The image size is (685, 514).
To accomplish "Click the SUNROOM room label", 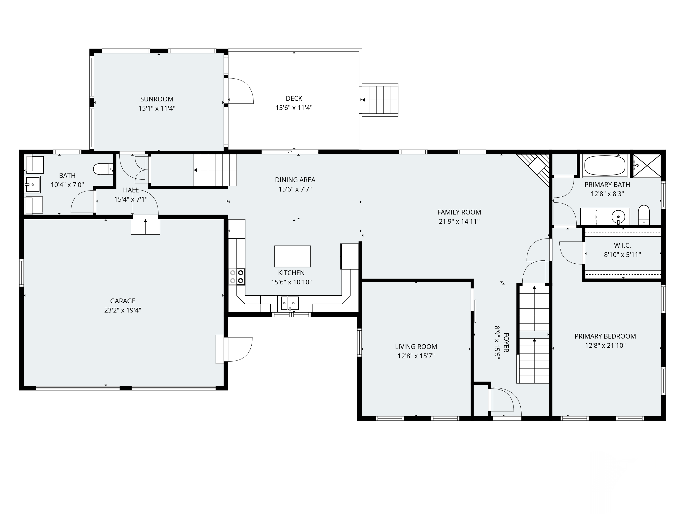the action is (157, 99).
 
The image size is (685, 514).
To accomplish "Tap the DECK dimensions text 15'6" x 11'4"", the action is (294, 108).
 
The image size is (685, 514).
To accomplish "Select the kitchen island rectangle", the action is (292, 256).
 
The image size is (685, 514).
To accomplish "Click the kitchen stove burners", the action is (237, 277).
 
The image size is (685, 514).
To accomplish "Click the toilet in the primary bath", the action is (644, 215).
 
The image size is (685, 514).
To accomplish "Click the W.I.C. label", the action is (622, 246).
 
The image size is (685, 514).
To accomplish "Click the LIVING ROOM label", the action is (416, 347).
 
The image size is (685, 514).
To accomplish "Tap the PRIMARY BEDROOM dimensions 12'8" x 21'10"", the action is (605, 345).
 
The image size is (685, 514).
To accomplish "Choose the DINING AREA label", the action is (295, 180).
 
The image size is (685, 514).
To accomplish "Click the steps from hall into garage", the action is (145, 226).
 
